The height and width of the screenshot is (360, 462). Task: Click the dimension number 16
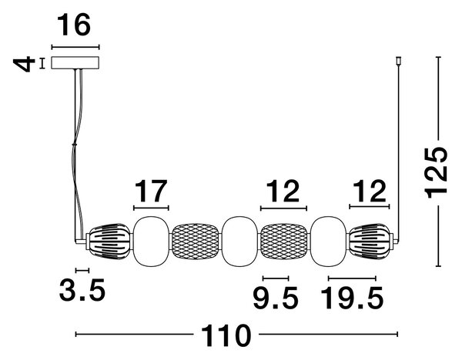tap(74, 25)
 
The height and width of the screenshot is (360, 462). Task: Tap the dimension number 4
tap(24, 64)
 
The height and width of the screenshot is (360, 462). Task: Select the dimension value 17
tap(151, 191)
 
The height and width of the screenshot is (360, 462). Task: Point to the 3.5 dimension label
tap(82, 290)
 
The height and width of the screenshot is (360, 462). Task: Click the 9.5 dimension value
tap(276, 298)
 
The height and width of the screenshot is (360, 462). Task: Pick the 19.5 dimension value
tap(352, 298)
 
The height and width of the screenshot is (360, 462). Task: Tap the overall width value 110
tap(226, 335)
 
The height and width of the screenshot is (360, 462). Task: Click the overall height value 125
tap(436, 172)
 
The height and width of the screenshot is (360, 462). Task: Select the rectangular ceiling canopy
tap(75, 63)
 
